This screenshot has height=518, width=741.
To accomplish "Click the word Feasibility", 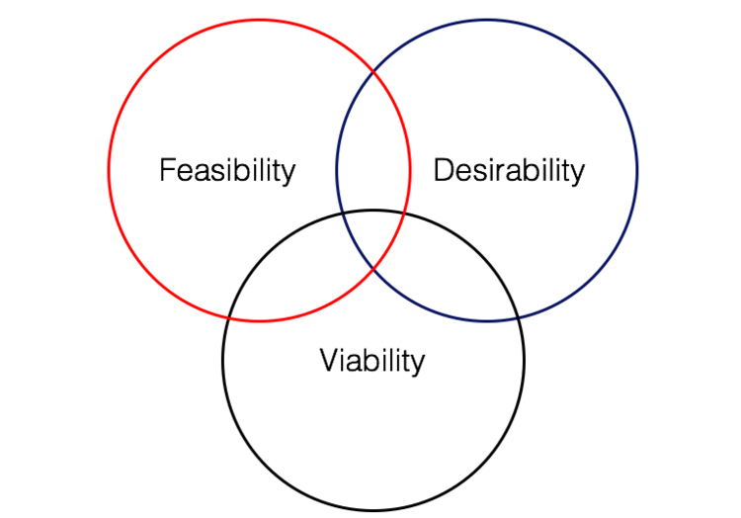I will pyautogui.click(x=227, y=170).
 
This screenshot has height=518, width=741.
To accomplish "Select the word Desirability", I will pyautogui.click(x=509, y=170).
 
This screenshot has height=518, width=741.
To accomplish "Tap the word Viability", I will pyautogui.click(x=372, y=361).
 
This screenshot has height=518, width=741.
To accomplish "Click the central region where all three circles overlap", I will pyautogui.click(x=373, y=232).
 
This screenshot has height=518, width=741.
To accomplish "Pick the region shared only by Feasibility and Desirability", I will pyautogui.click(x=373, y=148).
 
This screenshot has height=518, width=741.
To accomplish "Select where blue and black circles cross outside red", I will pyautogui.click(x=518, y=317).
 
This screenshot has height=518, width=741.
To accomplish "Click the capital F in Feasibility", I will pyautogui.click(x=167, y=170).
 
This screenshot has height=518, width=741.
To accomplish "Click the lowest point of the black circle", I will pyautogui.click(x=373, y=511).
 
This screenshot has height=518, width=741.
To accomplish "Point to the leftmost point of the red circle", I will pyautogui.click(x=109, y=170).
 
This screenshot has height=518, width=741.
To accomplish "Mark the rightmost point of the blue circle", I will pyautogui.click(x=637, y=170).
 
